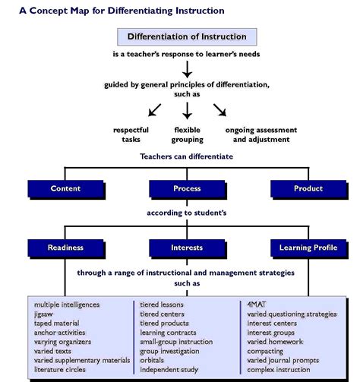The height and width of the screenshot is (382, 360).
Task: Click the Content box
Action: (65, 188)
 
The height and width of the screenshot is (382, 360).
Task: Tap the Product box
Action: (307, 188)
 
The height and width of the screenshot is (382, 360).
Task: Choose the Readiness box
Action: (65, 247)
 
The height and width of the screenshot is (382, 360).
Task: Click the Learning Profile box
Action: (307, 247)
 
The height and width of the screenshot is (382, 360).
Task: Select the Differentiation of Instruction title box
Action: (186, 36)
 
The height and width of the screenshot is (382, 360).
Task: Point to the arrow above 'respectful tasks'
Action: (154, 110)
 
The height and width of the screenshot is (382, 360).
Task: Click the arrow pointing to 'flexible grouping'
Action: (187, 111)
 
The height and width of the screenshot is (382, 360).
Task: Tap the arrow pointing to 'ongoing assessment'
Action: (220, 110)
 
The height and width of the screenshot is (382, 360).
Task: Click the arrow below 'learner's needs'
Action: (187, 70)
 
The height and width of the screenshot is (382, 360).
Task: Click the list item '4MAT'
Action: (257, 304)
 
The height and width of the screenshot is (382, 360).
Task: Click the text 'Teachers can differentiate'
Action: (186, 156)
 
